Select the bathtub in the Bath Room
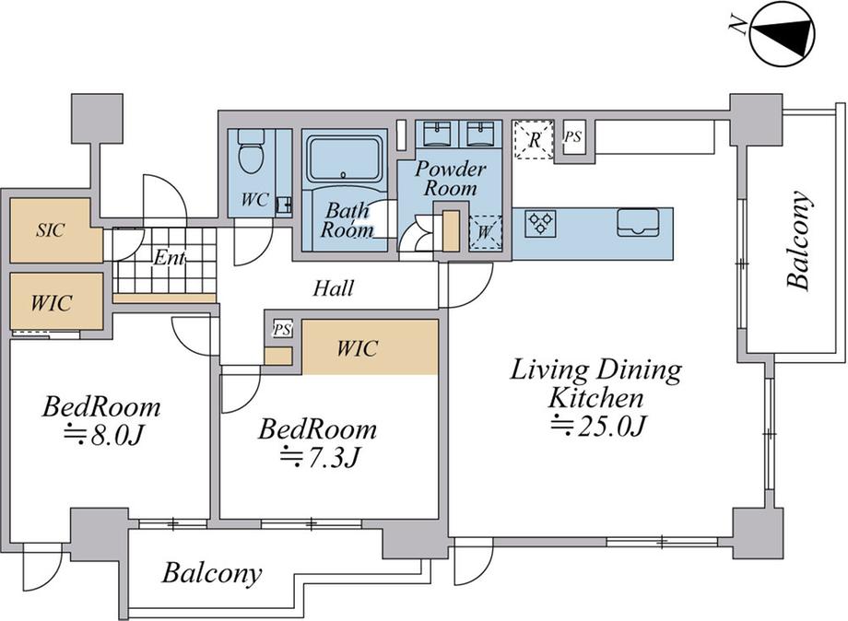click(x=344, y=160)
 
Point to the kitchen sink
click(x=638, y=223)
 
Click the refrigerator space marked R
click(x=534, y=139)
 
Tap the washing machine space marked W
click(x=485, y=233)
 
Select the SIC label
click(x=51, y=230)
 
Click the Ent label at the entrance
click(x=169, y=258)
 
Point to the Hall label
click(x=334, y=288)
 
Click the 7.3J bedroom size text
click(x=319, y=458)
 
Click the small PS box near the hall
click(x=282, y=329)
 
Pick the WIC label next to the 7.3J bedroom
click(x=357, y=348)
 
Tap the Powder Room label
click(x=451, y=179)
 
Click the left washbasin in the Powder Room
click(x=437, y=134)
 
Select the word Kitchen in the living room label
click(x=596, y=398)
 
